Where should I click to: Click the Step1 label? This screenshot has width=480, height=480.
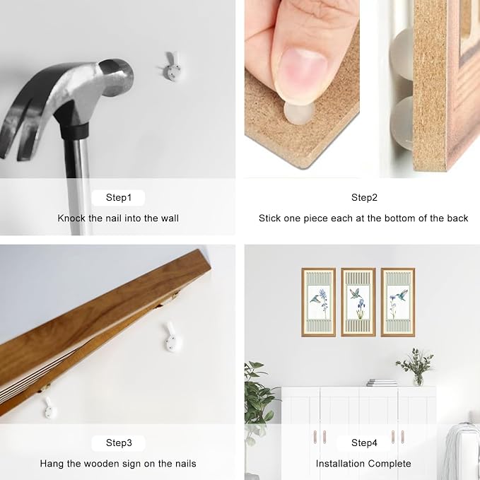[x=119, y=197]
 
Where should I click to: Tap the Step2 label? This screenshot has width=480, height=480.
[x=364, y=197]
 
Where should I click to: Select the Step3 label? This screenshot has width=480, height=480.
[x=119, y=443]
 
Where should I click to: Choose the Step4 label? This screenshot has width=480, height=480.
[x=364, y=443]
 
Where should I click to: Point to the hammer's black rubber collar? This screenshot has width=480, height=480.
[x=74, y=130]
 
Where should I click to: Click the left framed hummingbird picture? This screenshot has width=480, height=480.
[x=318, y=303]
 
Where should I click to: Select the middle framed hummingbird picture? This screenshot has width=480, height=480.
[x=358, y=303]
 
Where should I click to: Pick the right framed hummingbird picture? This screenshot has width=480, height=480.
[x=398, y=303]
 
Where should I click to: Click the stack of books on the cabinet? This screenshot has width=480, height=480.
[x=382, y=382]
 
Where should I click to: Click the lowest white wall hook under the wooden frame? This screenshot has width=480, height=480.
[x=50, y=408]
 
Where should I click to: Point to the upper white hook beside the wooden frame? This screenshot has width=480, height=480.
[x=172, y=337]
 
